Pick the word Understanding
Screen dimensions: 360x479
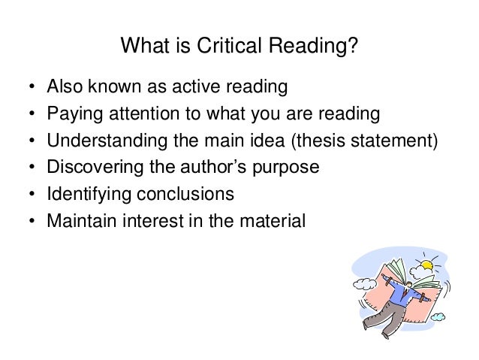coord(98,141)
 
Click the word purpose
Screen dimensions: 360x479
coord(288,167)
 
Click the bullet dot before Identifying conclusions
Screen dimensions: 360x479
coord(31,194)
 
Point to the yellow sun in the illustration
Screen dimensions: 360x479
coord(428,265)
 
